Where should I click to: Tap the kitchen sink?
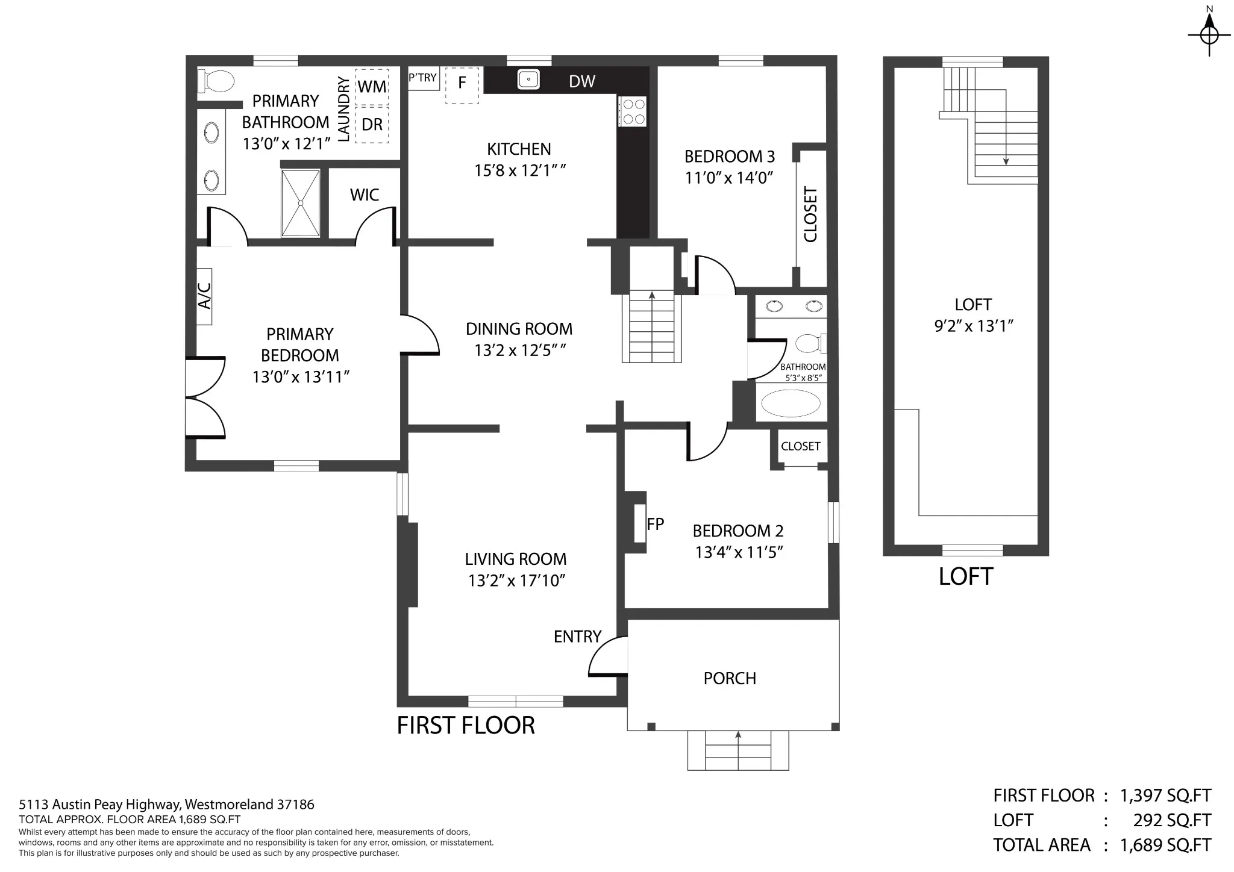pos(528,79)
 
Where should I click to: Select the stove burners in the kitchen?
pos(633,111)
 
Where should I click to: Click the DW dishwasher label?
pos(582,81)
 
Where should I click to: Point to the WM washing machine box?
pos(372,87)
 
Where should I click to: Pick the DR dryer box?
pos(372,125)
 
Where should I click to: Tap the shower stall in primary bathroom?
pos(301,204)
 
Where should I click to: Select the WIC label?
pos(365,195)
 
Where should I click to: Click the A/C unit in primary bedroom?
pos(204,296)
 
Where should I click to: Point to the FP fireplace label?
pos(655,524)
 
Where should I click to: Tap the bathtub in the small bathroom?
pos(791,403)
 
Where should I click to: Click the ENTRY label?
pos(577,637)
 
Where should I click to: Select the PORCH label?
pos(730,678)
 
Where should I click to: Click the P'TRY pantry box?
pos(424,78)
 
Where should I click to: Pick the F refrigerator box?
pos(462,85)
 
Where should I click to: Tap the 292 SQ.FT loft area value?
pos(1172,820)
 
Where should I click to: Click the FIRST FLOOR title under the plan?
pos(466,726)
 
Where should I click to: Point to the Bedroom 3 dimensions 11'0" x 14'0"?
pos(729,178)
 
